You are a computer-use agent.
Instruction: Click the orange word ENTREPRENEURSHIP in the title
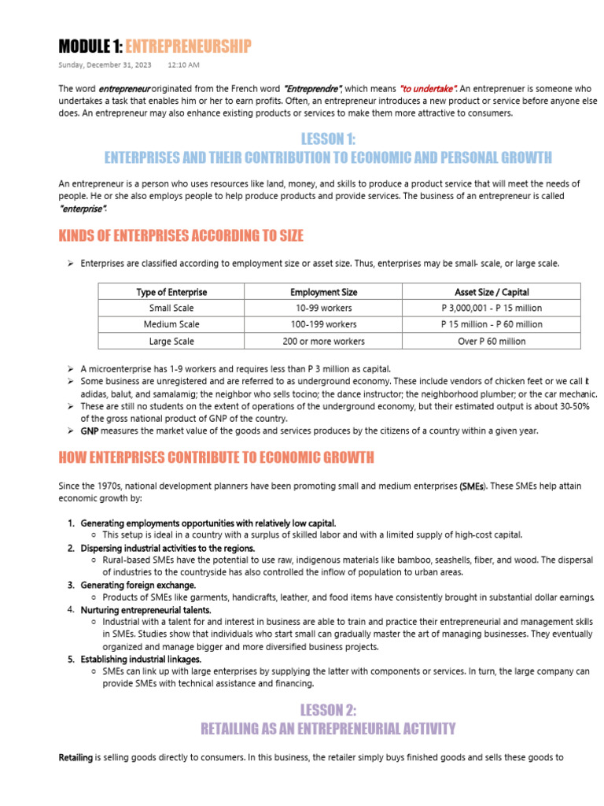(188, 46)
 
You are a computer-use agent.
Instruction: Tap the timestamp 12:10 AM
(183, 65)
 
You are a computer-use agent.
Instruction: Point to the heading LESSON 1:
(328, 139)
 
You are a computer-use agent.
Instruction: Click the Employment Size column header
(323, 292)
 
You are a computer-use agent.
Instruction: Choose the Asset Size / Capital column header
(492, 292)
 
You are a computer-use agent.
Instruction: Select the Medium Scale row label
(171, 324)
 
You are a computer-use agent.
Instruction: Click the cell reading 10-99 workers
(323, 308)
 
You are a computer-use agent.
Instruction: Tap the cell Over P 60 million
(492, 342)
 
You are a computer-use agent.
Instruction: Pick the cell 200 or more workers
(323, 342)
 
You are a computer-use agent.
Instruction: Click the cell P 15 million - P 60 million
(492, 324)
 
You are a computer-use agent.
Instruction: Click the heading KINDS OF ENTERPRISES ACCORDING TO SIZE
(181, 236)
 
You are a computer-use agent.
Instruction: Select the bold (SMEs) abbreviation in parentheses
(473, 486)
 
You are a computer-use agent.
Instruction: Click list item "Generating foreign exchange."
(138, 585)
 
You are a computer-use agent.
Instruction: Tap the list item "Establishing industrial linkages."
(141, 659)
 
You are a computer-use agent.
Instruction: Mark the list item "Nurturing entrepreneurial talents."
(145, 609)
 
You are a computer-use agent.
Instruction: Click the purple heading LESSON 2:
(328, 710)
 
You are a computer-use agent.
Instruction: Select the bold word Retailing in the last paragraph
(75, 758)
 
